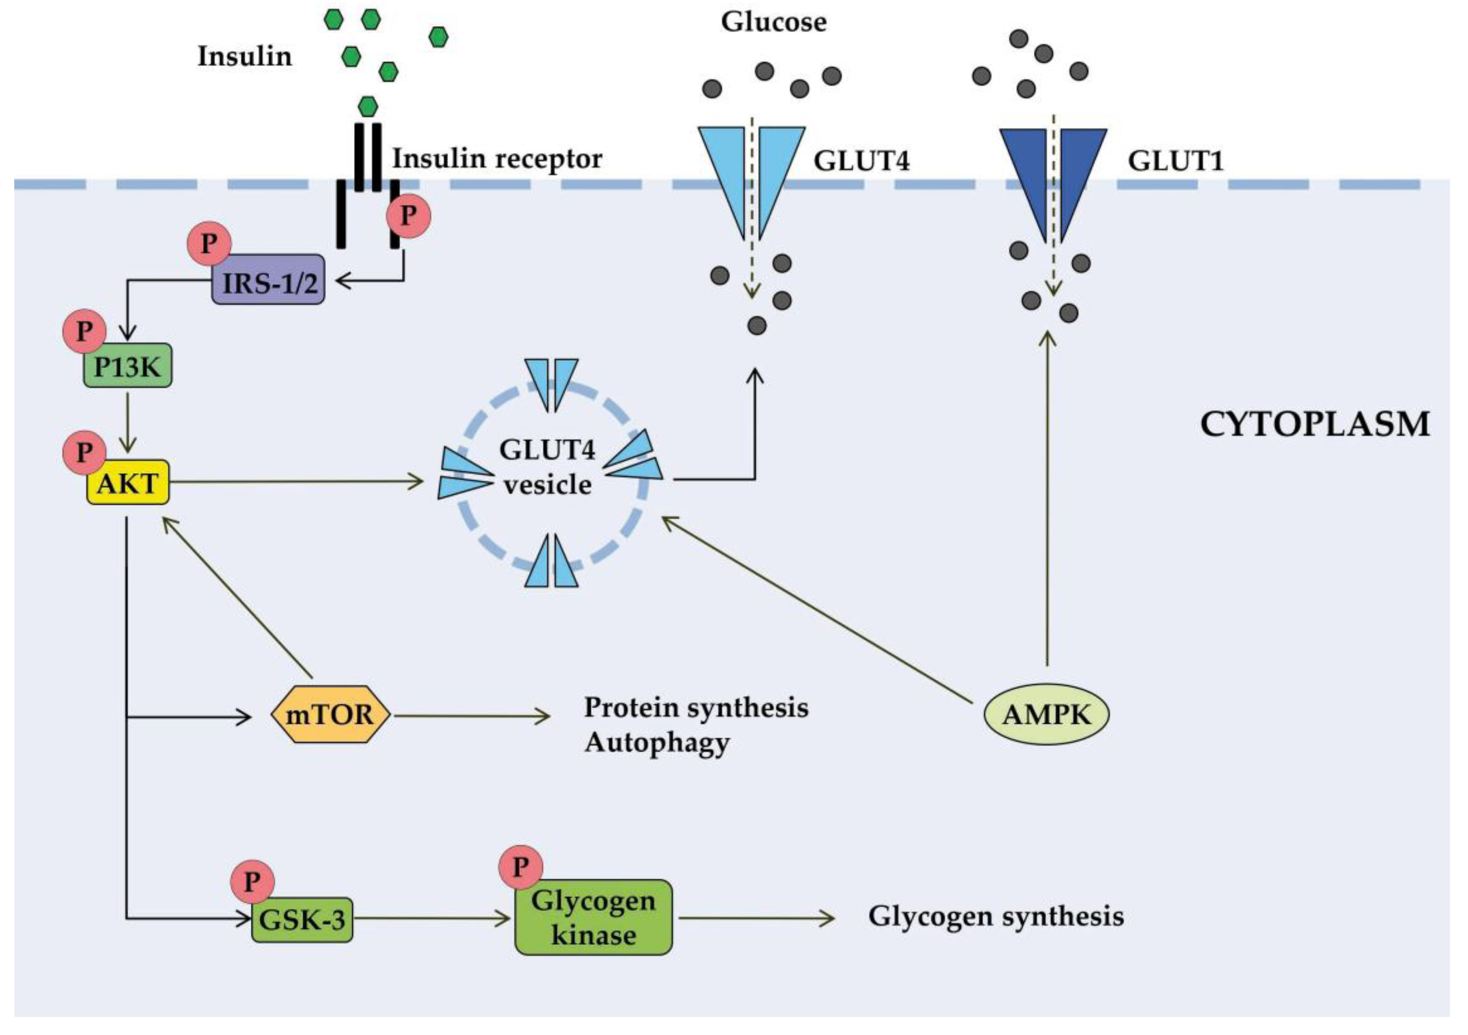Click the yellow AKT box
[x=128, y=483]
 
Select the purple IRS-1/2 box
[x=268, y=282]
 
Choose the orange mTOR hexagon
[x=330, y=714]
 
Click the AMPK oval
[x=1046, y=714]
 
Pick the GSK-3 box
[x=302, y=920]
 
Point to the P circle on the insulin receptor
[x=409, y=216]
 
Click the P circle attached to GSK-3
[x=252, y=881]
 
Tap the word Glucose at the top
[x=774, y=22]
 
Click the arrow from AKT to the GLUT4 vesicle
[x=294, y=482]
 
